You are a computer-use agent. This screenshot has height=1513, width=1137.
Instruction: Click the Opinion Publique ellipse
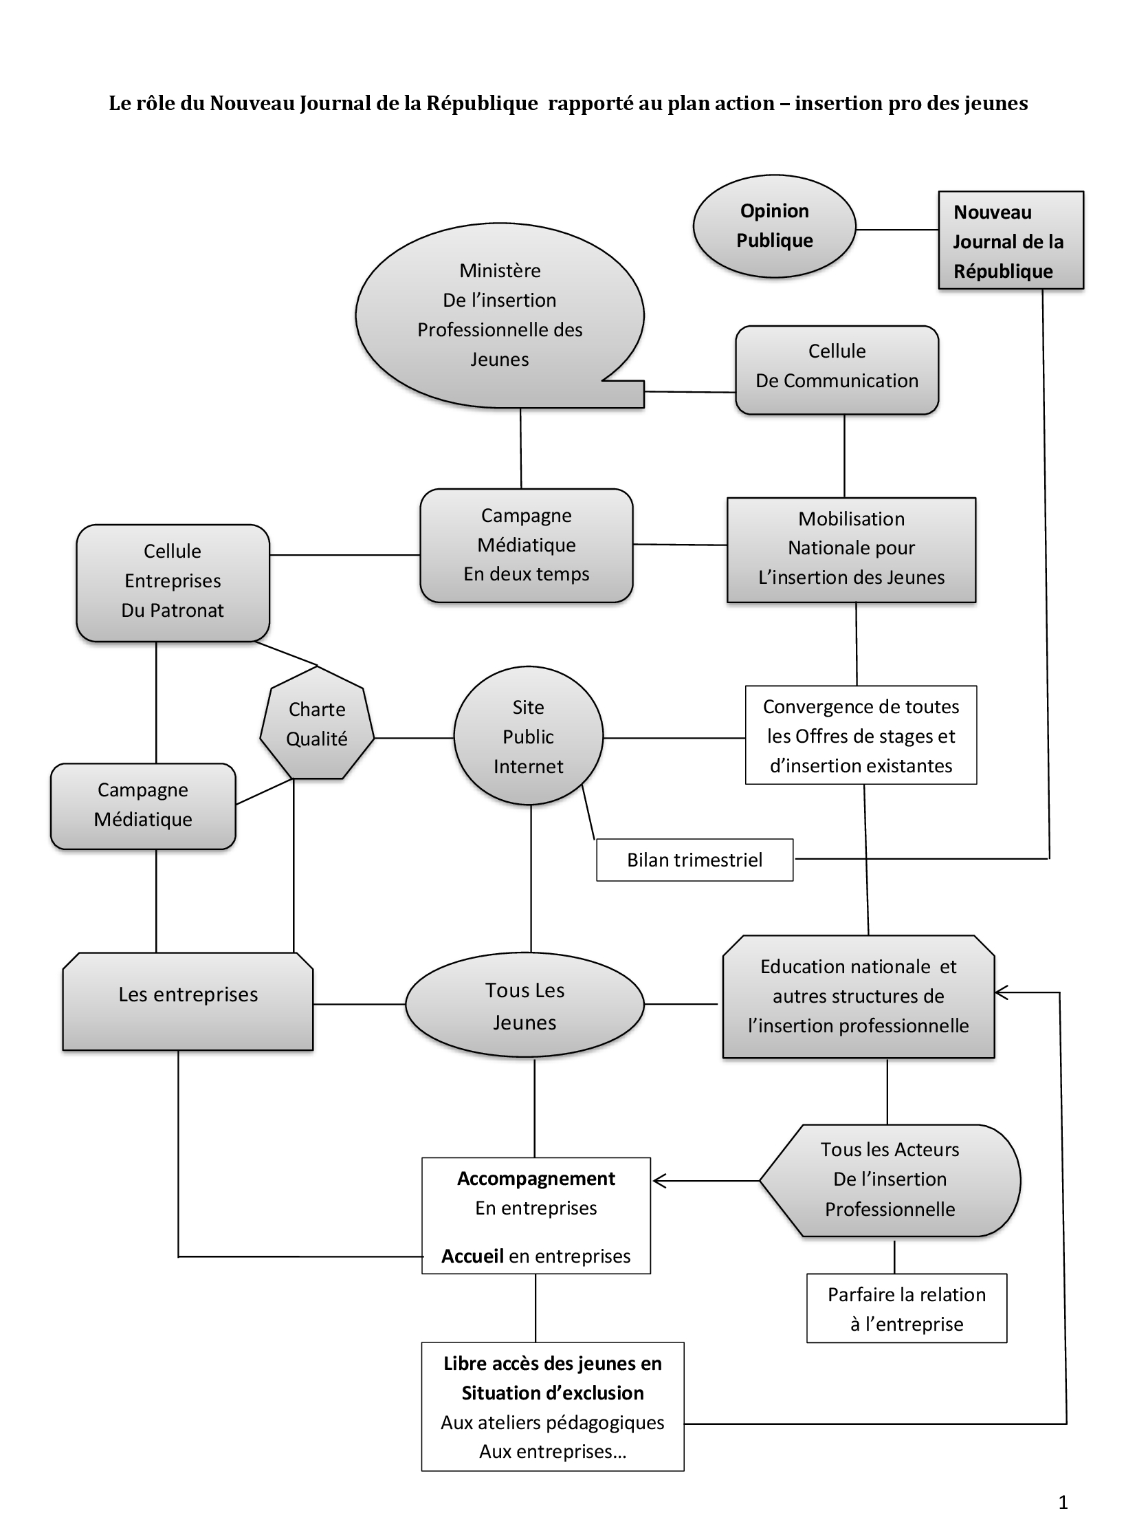click(x=774, y=226)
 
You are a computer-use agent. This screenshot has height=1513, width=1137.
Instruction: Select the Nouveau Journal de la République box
click(x=1011, y=240)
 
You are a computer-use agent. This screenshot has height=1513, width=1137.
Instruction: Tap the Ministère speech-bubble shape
click(x=500, y=315)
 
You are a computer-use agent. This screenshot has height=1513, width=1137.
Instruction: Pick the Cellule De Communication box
click(x=837, y=370)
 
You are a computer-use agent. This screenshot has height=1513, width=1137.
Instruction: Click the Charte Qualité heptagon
click(x=317, y=723)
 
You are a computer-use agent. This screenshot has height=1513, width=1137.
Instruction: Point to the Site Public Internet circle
click(x=528, y=736)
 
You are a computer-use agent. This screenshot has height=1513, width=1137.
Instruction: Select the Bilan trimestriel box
click(x=694, y=860)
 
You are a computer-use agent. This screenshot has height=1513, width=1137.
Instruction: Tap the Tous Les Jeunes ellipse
click(x=525, y=1005)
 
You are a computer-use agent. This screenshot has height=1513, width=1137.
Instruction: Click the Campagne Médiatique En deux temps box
click(x=526, y=545)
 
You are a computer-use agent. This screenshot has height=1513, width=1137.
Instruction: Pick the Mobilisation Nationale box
click(x=851, y=549)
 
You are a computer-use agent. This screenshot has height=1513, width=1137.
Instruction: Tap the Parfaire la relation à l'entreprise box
click(x=906, y=1309)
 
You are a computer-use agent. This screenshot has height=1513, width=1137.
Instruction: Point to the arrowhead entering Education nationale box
click(x=1002, y=992)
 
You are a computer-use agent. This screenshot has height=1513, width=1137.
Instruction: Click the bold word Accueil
click(x=472, y=1256)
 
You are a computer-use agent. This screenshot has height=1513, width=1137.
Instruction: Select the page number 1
click(x=1063, y=1502)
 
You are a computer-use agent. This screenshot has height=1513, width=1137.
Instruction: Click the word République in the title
click(x=481, y=103)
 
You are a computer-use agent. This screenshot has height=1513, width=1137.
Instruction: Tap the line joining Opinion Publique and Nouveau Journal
click(x=897, y=229)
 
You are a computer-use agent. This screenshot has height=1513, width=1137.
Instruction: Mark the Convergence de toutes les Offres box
click(x=861, y=735)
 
